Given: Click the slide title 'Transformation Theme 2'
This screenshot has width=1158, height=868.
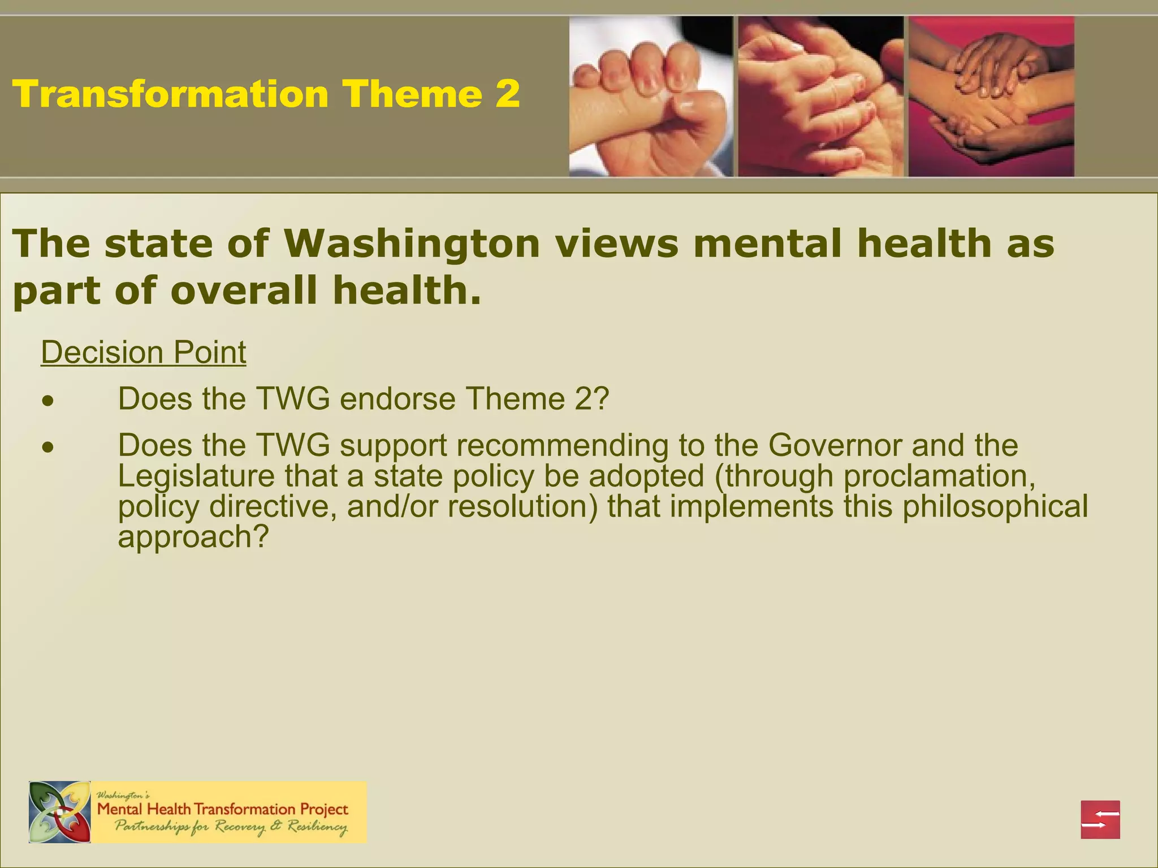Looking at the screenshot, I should coord(266,94).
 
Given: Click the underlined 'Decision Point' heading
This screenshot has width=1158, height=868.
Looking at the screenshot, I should coord(144,353).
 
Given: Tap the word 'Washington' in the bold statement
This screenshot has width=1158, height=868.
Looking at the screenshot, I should coord(412,244).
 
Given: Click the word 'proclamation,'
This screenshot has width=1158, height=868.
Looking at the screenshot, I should coord(939,476).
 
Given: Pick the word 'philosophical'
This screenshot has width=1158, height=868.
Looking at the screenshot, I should coord(995,506).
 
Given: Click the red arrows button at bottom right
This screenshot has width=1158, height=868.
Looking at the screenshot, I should coord(1100,819).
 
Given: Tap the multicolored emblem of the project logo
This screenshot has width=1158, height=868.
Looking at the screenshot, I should coord(60,812).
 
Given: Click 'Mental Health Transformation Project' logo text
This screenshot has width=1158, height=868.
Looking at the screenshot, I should coord(223,809).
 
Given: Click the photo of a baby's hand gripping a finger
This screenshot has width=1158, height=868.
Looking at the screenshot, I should coord(650,97).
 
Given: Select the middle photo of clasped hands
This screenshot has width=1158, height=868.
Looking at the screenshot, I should coord(820,97).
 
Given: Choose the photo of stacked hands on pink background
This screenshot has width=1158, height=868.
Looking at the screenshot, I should coord(991,97).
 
